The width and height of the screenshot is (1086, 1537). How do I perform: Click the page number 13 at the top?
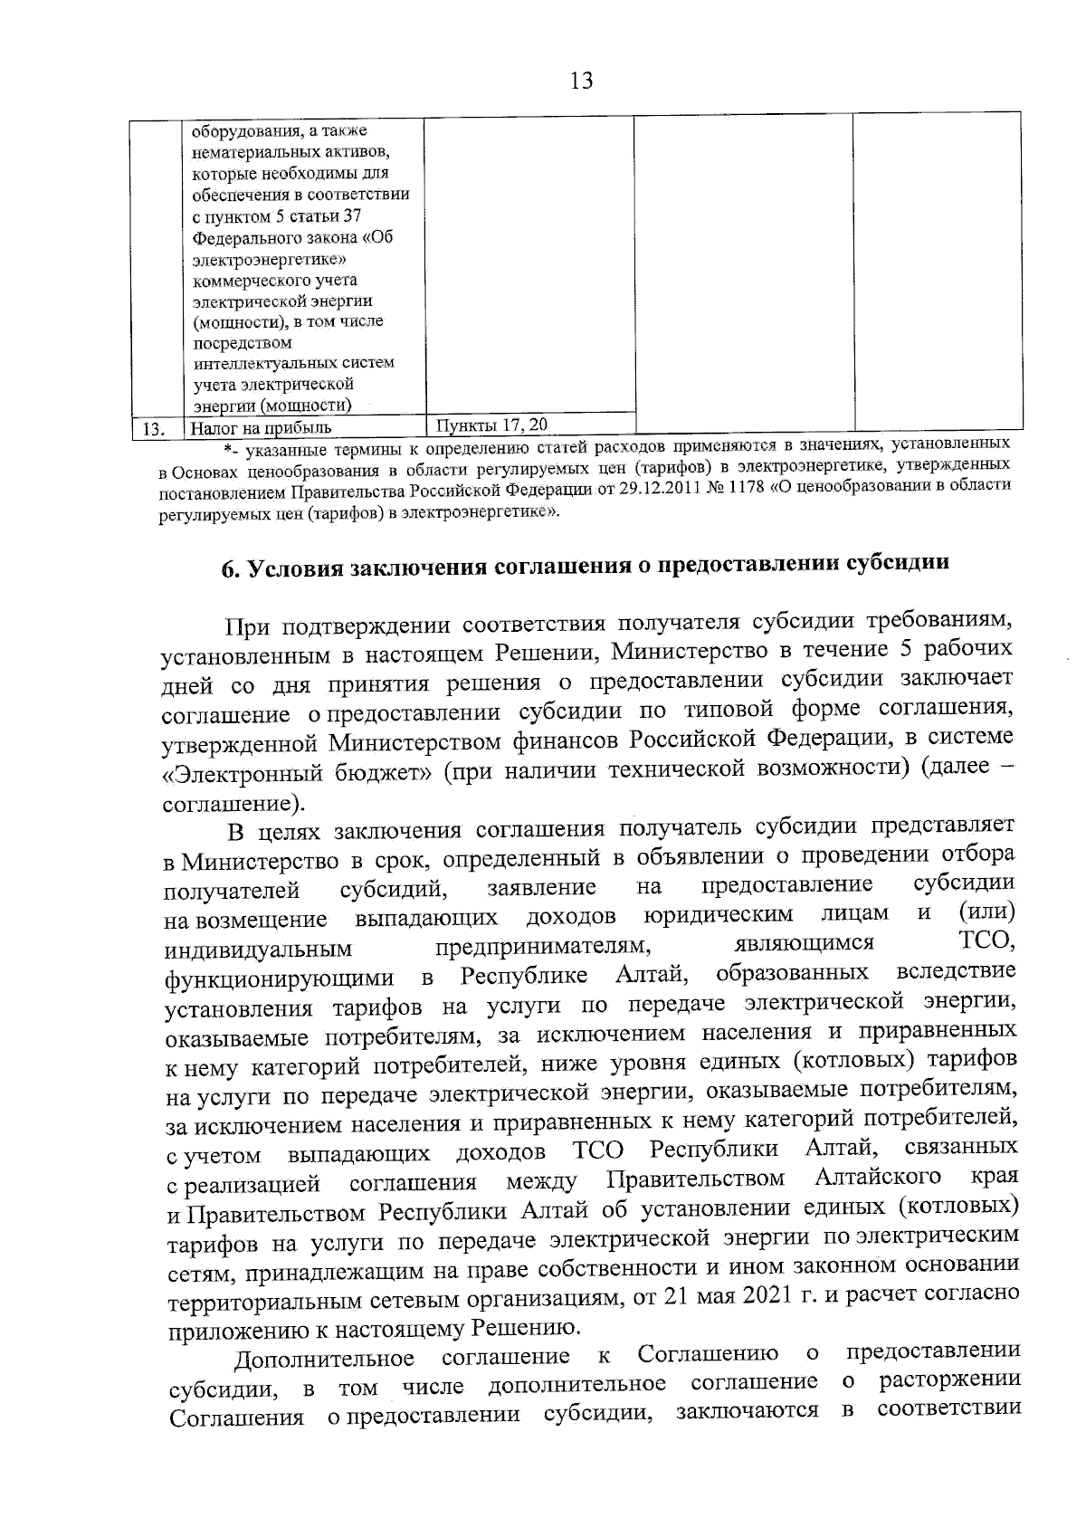(582, 81)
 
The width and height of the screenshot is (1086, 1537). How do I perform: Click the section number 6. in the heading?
(230, 566)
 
